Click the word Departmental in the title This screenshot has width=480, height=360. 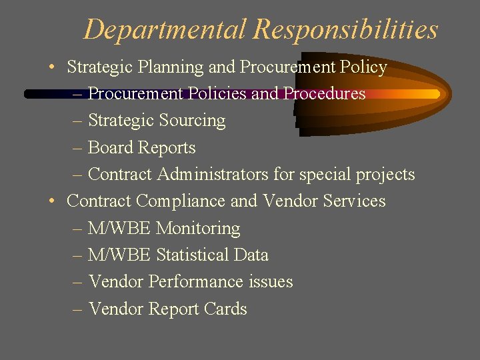click(165, 30)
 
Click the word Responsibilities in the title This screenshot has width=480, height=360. click(345, 30)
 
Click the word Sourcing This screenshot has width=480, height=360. click(194, 121)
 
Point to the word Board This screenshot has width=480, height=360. click(110, 148)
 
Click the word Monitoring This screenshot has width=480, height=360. click(197, 229)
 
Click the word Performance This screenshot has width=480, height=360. click(197, 282)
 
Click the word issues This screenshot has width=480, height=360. click(271, 282)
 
